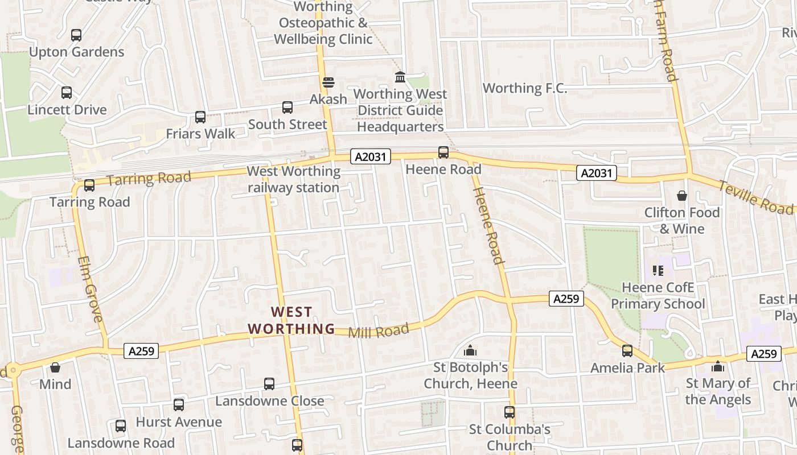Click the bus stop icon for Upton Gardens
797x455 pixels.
point(76,35)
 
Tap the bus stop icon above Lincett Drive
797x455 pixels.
point(67,93)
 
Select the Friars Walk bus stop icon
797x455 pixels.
point(200,117)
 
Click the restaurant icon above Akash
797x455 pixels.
point(328,82)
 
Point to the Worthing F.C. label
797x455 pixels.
point(525,88)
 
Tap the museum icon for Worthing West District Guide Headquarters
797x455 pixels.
point(400,77)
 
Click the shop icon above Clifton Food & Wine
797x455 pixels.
point(682,196)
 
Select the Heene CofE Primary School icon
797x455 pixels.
point(658,271)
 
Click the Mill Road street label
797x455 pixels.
point(379,331)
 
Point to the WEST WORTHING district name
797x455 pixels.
point(291,320)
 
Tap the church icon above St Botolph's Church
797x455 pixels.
point(470,351)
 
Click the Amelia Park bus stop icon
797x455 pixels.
point(627,351)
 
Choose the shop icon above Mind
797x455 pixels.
point(55,368)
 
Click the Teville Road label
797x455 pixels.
point(755,197)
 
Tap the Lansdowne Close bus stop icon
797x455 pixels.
point(269,384)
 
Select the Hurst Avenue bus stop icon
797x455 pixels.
point(179,405)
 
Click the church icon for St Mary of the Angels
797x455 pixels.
point(718,367)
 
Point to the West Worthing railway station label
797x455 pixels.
point(293,179)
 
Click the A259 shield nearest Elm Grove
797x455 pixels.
point(141,351)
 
